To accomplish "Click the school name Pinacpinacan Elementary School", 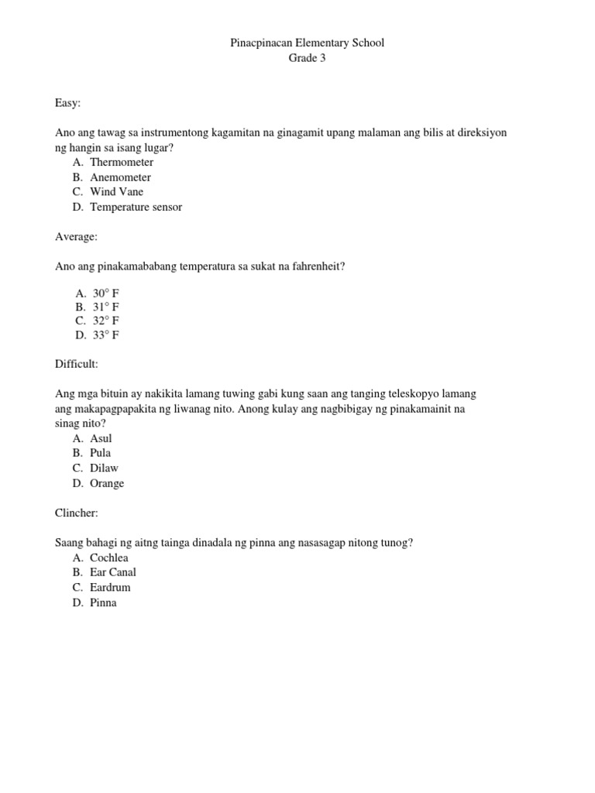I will [x=308, y=43].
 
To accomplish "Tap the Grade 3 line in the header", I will [x=308, y=58].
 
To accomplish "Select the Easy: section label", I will [x=68, y=102].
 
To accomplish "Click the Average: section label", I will [x=76, y=236].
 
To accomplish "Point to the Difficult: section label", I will [x=77, y=364].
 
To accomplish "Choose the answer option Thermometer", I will [x=121, y=163].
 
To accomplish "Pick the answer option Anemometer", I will [x=120, y=177].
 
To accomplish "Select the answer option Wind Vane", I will [x=116, y=192].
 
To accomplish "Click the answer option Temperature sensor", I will [x=136, y=207].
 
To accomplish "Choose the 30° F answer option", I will [x=106, y=294].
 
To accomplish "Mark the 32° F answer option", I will [x=106, y=321].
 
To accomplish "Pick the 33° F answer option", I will [x=106, y=335].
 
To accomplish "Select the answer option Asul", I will [x=101, y=438].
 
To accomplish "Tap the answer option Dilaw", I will [x=104, y=468].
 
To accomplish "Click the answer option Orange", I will [x=107, y=483].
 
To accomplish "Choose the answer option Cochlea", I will [x=108, y=558].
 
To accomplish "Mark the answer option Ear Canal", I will [x=112, y=572].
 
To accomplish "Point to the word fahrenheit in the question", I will [x=314, y=266].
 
